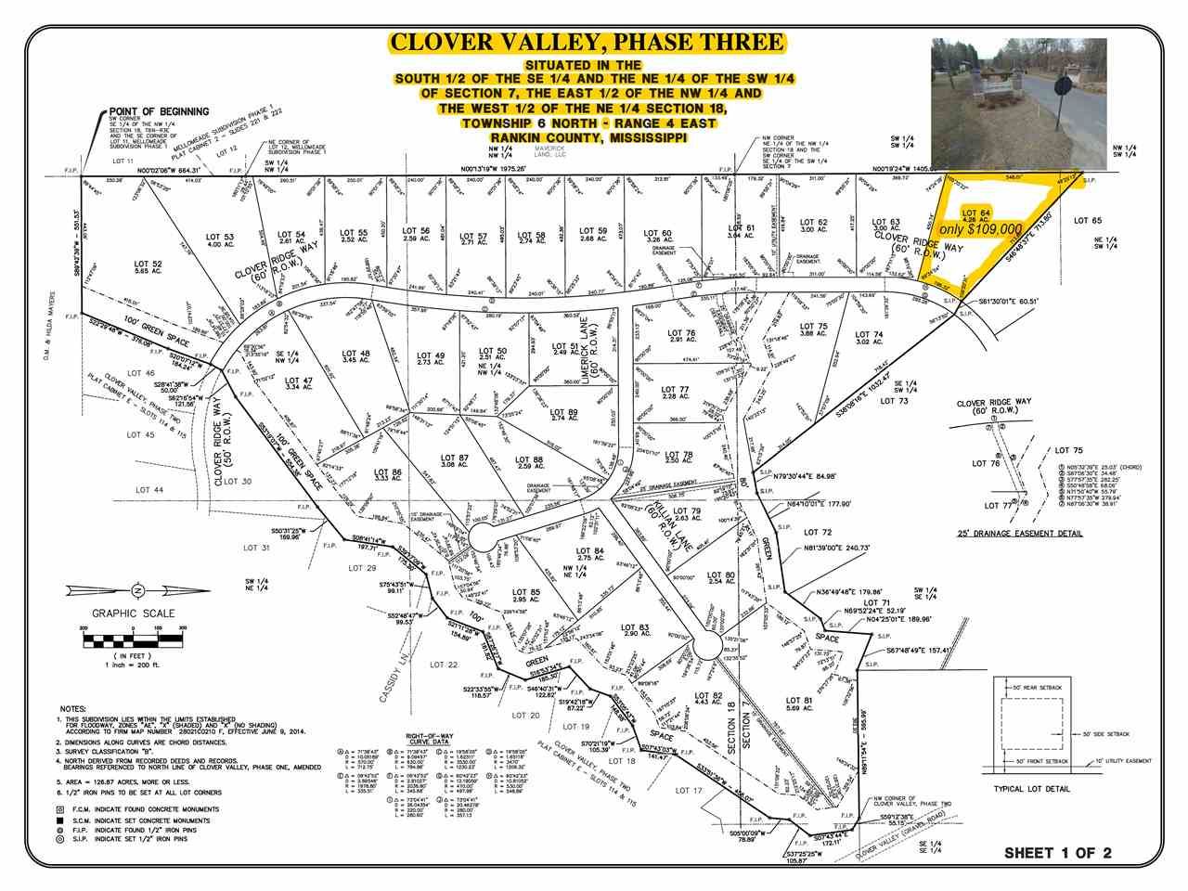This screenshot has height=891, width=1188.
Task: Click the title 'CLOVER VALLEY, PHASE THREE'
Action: point(587,42)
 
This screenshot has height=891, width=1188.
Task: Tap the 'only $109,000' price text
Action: point(982,228)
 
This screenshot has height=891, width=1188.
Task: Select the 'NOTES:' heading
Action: point(75,707)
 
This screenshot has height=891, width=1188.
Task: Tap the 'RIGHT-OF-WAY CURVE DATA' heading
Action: point(427,738)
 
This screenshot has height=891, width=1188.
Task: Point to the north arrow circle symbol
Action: point(136,589)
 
